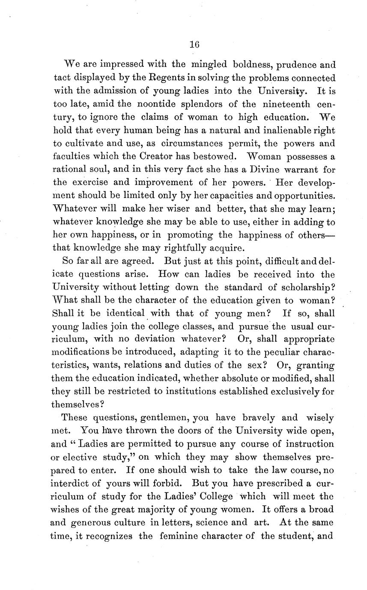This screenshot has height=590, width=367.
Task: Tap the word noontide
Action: pyautogui.click(x=158, y=104)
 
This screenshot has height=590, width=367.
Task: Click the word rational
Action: pyautogui.click(x=70, y=169)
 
